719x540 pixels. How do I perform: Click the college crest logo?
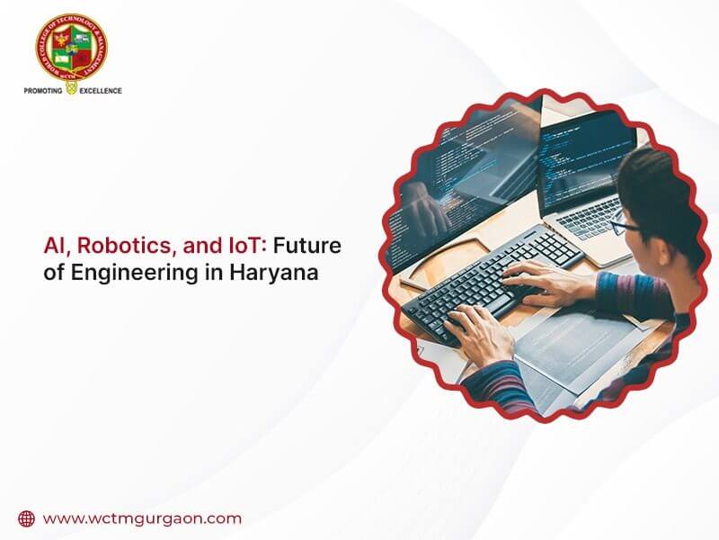(72, 46)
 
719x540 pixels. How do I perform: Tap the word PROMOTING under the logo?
(41, 91)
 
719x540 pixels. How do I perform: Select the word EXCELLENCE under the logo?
(100, 91)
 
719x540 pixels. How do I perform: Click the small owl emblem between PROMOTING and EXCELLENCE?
(72, 90)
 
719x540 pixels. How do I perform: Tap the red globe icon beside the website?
(26, 518)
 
